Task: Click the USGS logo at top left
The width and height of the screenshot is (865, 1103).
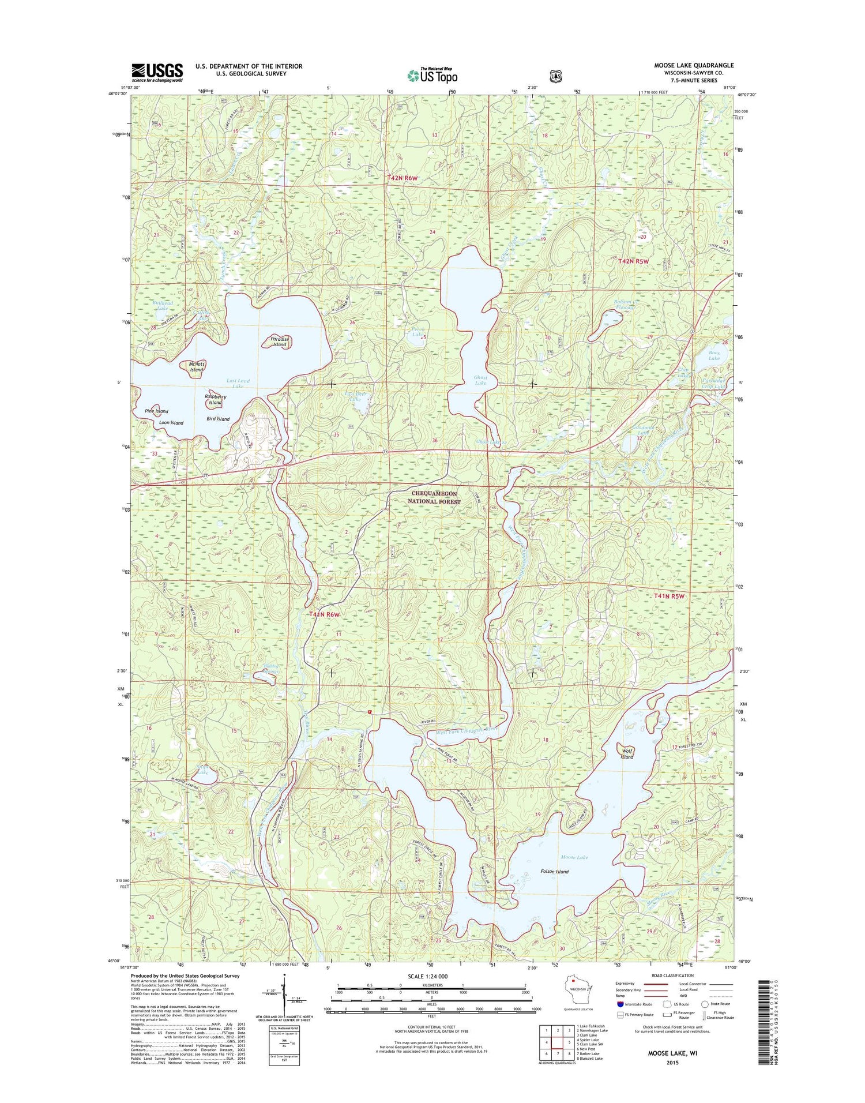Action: pyautogui.click(x=157, y=72)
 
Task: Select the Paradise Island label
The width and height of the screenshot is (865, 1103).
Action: pyautogui.click(x=279, y=342)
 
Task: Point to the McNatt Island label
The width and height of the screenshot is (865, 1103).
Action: pyautogui.click(x=196, y=367)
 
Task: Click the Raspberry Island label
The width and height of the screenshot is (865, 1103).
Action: pyautogui.click(x=216, y=400)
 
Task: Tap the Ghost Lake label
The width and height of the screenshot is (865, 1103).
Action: pyautogui.click(x=480, y=380)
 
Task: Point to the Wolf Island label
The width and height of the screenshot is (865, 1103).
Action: pyautogui.click(x=627, y=753)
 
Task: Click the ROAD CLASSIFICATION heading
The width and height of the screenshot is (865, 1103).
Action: pyautogui.click(x=672, y=976)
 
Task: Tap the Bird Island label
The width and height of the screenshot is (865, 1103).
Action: pyautogui.click(x=219, y=419)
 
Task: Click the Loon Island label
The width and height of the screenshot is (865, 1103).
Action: pyautogui.click(x=171, y=423)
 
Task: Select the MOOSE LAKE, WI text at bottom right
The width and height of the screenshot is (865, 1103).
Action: pyautogui.click(x=672, y=1053)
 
